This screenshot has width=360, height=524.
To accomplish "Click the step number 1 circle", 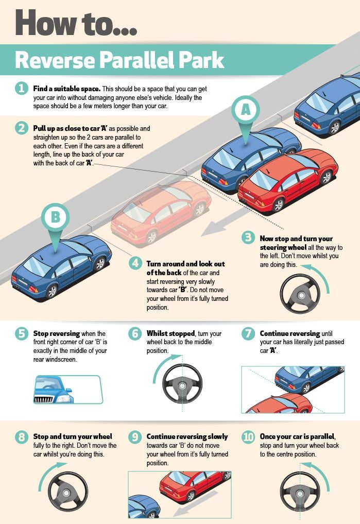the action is (x=21, y=88).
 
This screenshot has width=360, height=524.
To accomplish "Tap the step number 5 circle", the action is (x=21, y=333).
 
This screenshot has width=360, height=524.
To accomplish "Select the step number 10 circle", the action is (x=248, y=436).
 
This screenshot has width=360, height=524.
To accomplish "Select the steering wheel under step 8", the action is (x=68, y=491).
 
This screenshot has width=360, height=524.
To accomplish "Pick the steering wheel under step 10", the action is (x=300, y=491).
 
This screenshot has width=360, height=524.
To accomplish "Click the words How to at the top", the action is (x=76, y=23).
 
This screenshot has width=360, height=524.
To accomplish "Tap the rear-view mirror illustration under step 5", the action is (x=68, y=390).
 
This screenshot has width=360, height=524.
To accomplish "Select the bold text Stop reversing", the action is (x=57, y=333).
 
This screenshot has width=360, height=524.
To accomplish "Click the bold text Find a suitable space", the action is (x=67, y=89).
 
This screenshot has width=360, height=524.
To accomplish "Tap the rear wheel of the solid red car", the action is (x=278, y=205).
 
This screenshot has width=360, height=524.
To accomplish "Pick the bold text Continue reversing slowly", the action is (x=187, y=436).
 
